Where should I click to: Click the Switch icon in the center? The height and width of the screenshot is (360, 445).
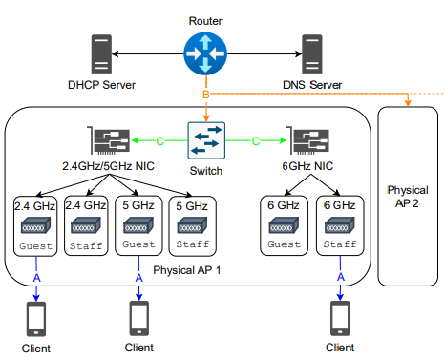click(x=206, y=140)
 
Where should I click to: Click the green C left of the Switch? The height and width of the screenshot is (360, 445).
click(x=159, y=141)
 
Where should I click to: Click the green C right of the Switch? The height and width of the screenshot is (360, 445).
click(x=255, y=141)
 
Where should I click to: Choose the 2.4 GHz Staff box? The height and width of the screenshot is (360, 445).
click(x=86, y=226)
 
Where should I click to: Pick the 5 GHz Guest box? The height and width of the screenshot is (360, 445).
click(x=138, y=226)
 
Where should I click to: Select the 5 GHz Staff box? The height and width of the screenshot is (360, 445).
click(x=190, y=226)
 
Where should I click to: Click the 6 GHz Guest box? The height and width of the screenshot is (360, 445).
click(x=285, y=226)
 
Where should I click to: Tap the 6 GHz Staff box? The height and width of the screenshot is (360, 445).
click(x=338, y=226)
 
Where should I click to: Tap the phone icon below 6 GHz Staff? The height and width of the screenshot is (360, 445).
click(x=338, y=316)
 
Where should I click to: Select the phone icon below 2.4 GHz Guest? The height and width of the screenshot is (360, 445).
click(x=34, y=316)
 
